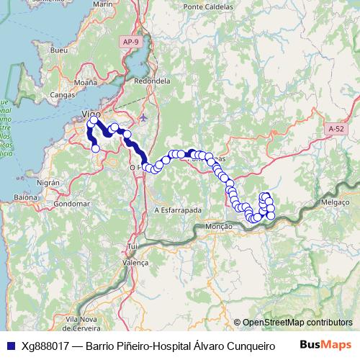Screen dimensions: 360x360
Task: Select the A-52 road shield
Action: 336,128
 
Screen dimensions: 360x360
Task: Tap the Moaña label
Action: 85,83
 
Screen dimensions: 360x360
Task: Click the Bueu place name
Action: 59,51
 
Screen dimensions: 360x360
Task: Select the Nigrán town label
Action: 48,184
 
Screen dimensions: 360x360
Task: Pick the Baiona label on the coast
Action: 25,197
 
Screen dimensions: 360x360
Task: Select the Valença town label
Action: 136,264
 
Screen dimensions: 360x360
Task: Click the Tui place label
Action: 132,246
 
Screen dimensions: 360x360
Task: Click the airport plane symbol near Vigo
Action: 144,117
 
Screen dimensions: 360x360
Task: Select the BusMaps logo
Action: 325,345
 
